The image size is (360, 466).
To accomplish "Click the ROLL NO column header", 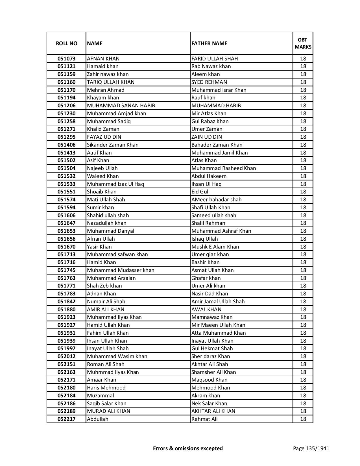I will pos(66,43).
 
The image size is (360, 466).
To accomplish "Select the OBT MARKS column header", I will pos(303,43).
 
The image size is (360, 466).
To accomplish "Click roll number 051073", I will pos(66,59).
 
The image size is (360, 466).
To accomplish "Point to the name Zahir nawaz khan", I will pos(108,74).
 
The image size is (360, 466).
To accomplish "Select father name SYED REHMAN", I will pos(209,82).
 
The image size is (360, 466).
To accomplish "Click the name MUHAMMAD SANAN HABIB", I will pos(121,106).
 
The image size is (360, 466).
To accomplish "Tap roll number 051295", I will pos(66,137).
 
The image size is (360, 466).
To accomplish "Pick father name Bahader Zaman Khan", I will pos(217,145).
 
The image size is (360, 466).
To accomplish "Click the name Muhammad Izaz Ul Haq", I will pos(115,184).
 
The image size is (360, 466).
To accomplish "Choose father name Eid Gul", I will pos(200,192).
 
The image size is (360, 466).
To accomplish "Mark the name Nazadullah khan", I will pos(106,223).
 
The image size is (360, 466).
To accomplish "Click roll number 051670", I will pos(66,247).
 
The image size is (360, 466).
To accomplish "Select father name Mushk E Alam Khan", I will pos(215,247).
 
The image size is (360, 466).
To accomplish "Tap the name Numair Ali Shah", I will pos(106,302).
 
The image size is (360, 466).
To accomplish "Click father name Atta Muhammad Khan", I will pos(219,333).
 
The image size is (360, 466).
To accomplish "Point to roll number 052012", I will pos(66,356).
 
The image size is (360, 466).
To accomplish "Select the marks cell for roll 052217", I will pos(303,419).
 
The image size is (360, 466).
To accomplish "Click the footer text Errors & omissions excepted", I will pos(188,448).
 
